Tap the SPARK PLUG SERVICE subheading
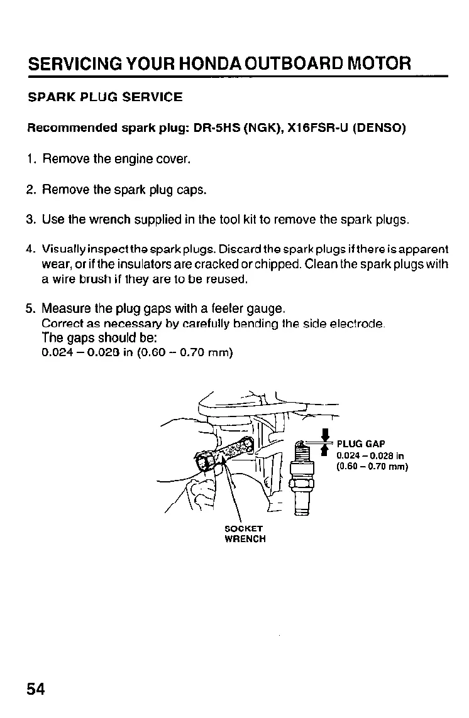[x=105, y=97]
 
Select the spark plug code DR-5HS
[x=215, y=129]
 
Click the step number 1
[x=30, y=159]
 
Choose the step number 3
[x=30, y=220]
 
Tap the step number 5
[x=30, y=308]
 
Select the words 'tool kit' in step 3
[x=231, y=220]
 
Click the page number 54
[x=36, y=689]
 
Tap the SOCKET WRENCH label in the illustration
[x=245, y=533]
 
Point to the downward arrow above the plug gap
[x=326, y=435]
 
